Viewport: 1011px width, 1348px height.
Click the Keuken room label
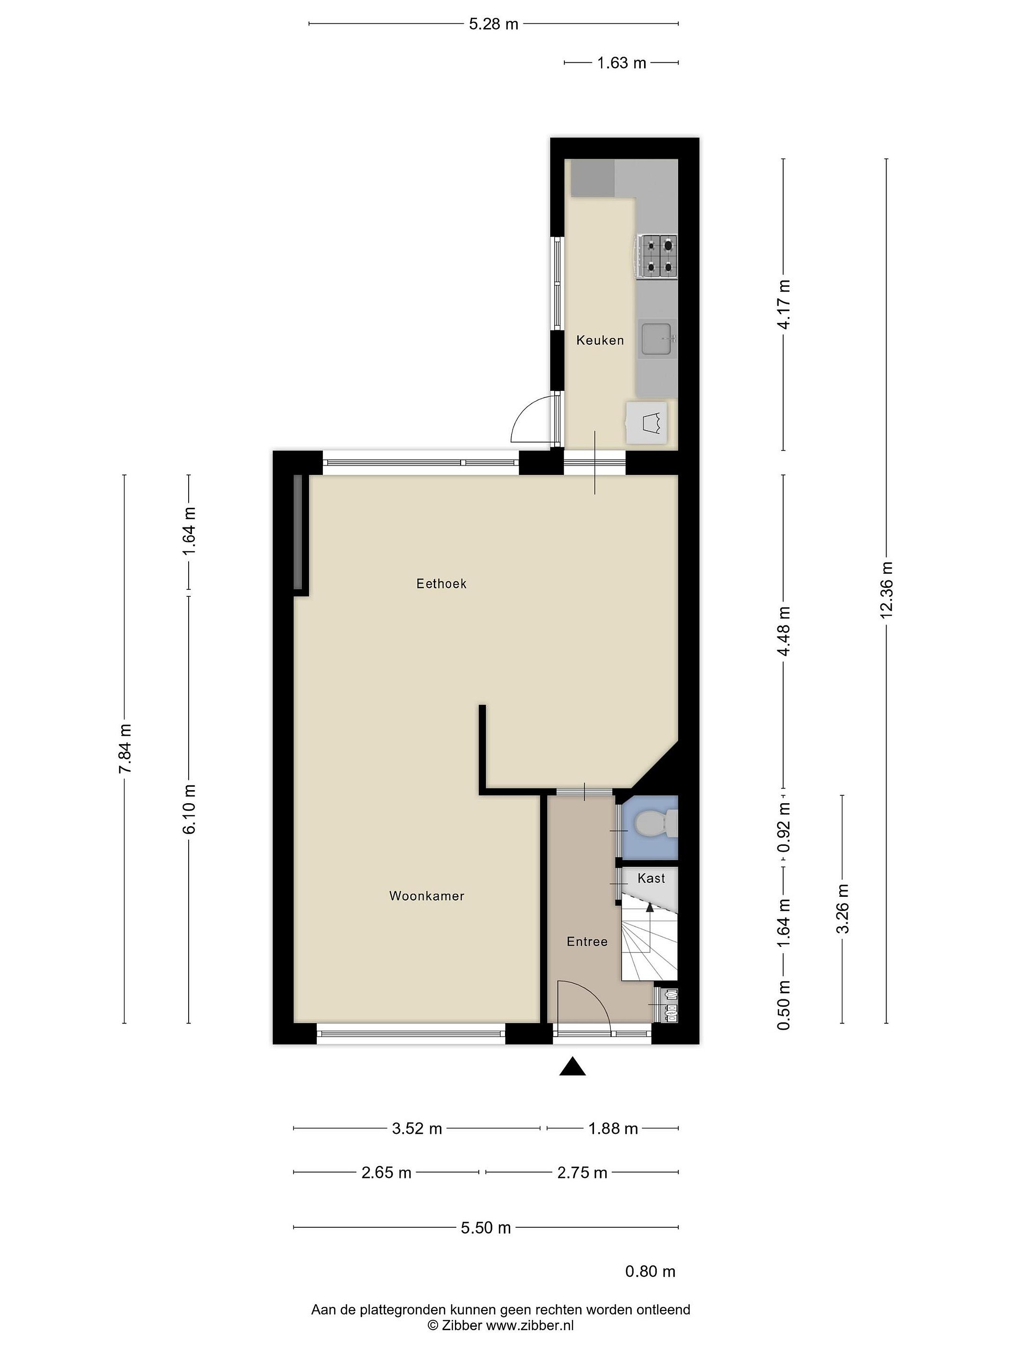click(600, 340)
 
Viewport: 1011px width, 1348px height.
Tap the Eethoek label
click(441, 584)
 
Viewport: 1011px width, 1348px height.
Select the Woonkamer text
click(426, 896)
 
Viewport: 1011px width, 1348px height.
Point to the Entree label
click(587, 942)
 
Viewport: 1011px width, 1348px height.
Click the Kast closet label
click(651, 878)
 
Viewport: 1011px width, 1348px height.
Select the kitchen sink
click(658, 339)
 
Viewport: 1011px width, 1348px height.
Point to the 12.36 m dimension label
click(886, 590)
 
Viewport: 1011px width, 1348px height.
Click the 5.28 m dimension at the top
click(494, 24)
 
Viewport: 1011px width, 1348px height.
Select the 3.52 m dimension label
click(417, 1128)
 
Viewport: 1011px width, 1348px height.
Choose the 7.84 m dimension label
click(125, 748)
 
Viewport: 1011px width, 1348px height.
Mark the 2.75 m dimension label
click(582, 1172)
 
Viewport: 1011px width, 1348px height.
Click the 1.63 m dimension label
click(622, 63)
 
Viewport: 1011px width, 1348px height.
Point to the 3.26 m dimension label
click(843, 908)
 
